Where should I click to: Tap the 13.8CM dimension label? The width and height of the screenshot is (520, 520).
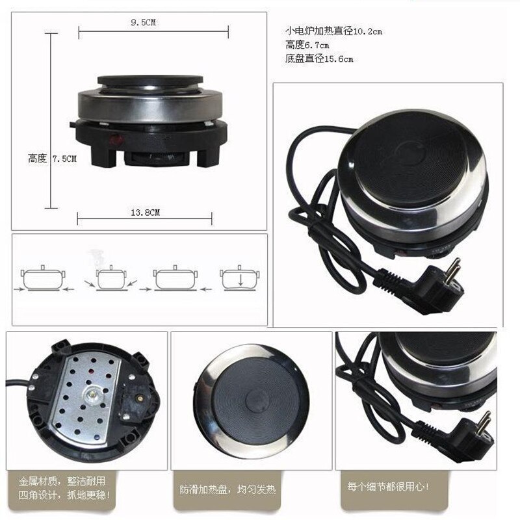(x=146, y=213)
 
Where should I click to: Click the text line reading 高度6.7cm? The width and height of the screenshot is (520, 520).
(x=307, y=45)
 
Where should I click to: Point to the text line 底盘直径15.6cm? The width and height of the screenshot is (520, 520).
(x=319, y=59)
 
